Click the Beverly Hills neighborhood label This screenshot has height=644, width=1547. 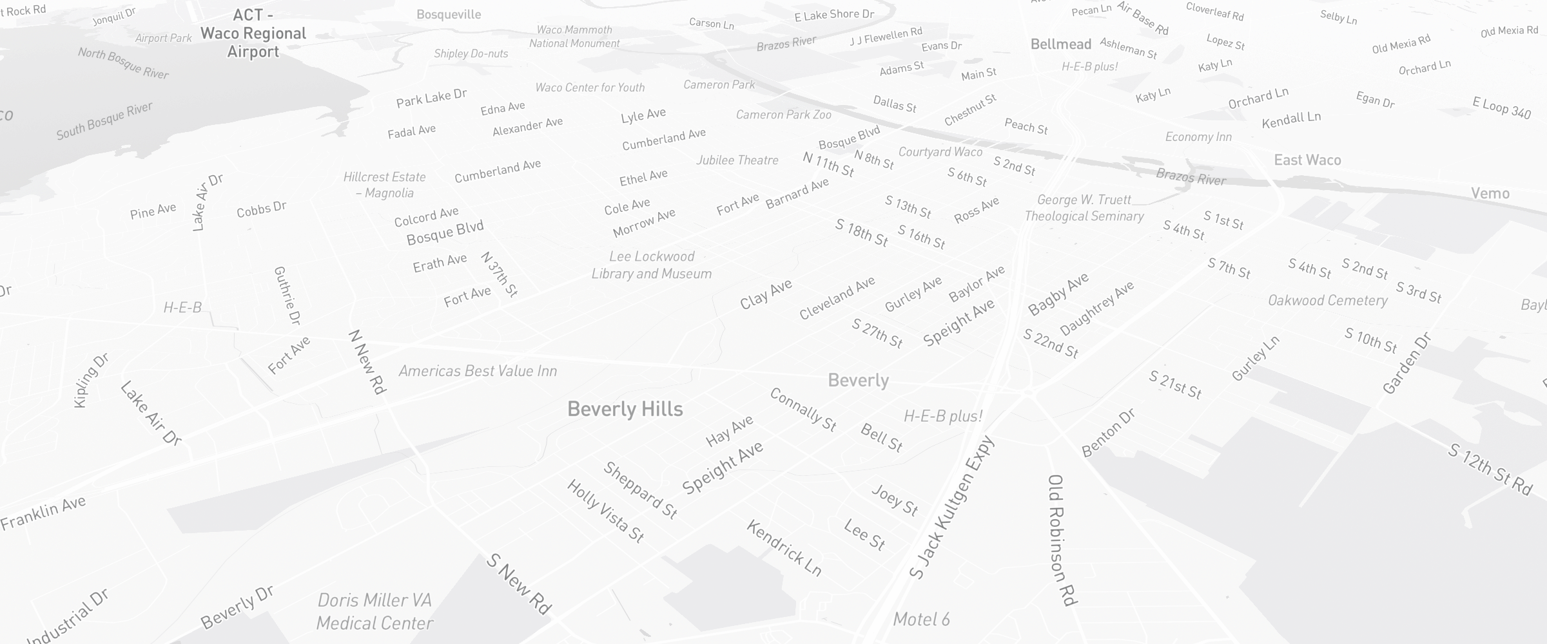(625, 409)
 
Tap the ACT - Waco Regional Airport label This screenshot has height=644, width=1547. (253, 33)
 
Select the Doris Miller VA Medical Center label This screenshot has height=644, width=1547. (375, 612)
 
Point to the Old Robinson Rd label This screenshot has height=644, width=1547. (1062, 540)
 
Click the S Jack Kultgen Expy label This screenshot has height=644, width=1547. (952, 507)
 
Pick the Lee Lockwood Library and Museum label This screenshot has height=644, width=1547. (652, 265)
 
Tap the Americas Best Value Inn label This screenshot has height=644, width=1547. (477, 371)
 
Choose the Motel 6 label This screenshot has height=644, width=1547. (921, 620)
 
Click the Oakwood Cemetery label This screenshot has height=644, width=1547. (1327, 301)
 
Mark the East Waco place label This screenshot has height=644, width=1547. (1307, 160)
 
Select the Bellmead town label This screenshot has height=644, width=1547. (1060, 44)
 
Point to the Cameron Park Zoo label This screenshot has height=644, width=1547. (783, 115)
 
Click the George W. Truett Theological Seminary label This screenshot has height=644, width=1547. (1084, 208)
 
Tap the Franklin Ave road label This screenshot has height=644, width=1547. (43, 513)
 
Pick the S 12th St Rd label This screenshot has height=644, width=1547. (1490, 469)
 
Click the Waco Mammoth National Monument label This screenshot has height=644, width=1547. (574, 37)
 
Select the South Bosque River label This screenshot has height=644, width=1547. (104, 121)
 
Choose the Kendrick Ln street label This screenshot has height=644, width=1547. (784, 548)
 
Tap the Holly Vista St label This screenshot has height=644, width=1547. (605, 511)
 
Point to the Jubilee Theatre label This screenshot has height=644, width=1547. (737, 160)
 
